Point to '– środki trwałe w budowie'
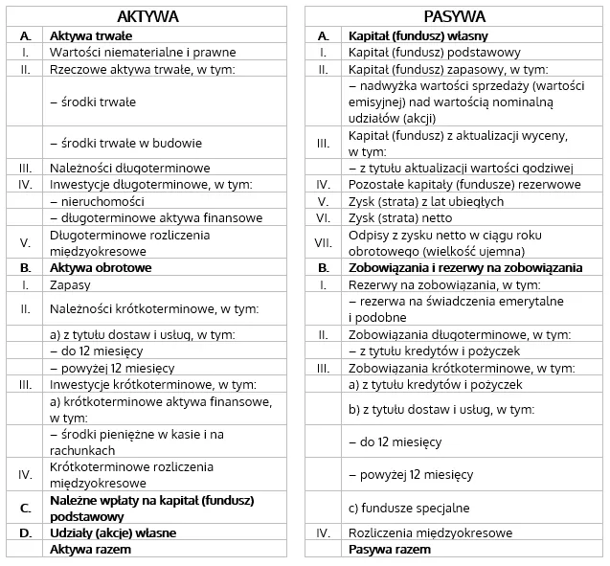point(125,143)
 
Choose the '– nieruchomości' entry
point(97,201)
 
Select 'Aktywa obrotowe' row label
point(101,268)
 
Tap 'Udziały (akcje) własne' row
point(113,532)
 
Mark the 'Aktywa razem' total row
point(90,550)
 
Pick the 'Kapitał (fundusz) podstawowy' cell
point(420,52)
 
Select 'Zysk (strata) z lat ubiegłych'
point(425,201)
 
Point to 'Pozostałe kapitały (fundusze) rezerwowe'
point(451,184)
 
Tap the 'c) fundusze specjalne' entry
point(409,508)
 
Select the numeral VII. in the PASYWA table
point(324,242)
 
